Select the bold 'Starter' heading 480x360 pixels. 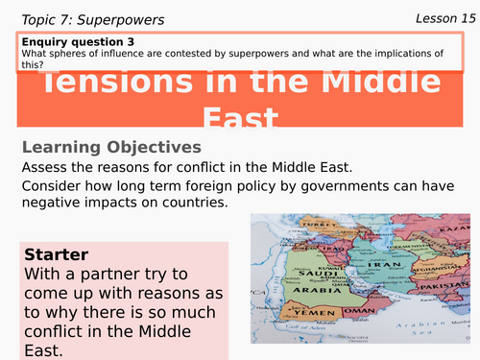[55, 255]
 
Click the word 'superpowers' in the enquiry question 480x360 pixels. [254, 54]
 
